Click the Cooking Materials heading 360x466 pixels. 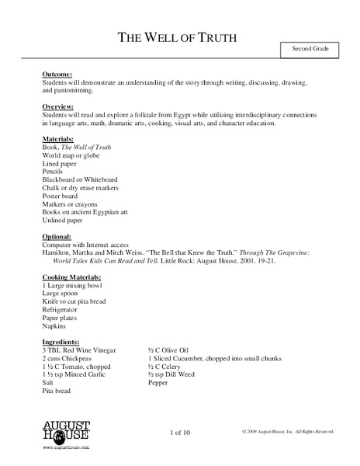(x=75, y=276)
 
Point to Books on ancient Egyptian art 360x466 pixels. (x=86, y=211)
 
